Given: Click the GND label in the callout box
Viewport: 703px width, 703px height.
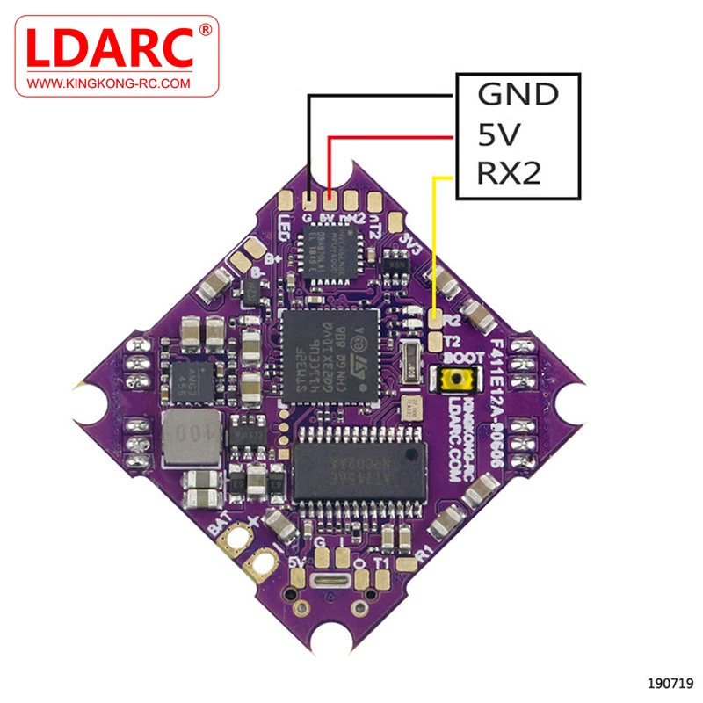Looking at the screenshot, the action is [518, 94].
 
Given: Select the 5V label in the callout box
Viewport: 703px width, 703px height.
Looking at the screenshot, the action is [500, 134].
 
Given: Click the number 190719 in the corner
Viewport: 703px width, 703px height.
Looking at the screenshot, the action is [671, 682].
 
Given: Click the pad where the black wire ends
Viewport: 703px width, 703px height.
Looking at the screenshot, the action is [308, 199].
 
